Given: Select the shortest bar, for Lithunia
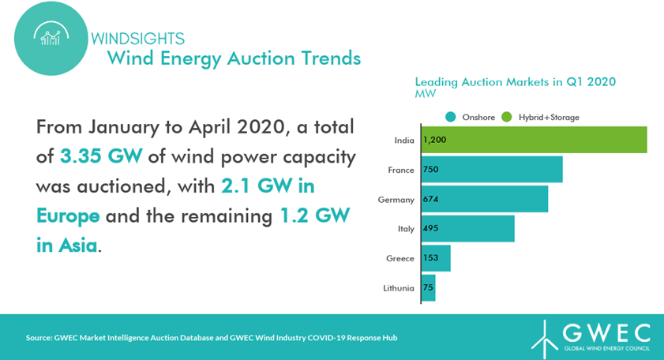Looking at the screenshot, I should [429, 287].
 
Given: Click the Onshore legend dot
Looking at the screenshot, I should [450, 117].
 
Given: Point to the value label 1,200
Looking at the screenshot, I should [435, 140].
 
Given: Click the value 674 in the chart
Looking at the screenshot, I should [430, 199].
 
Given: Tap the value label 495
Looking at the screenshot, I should [430, 228].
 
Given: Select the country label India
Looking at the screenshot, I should [404, 140].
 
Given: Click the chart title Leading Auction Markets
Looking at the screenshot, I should [515, 82].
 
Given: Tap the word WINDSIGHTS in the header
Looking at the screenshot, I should [137, 39].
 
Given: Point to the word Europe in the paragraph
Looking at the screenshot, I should [68, 216].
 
